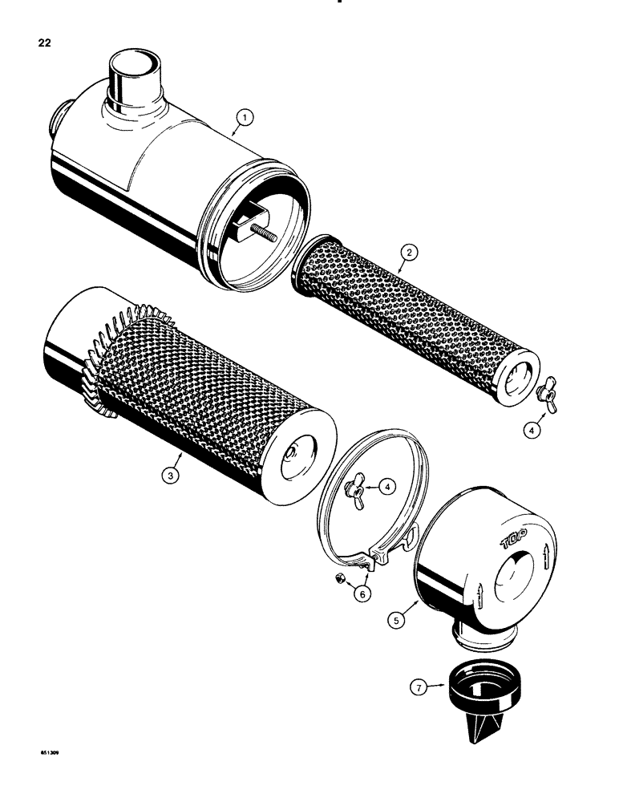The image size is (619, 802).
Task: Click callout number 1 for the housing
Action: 245,118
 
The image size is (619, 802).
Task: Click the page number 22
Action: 44,43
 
